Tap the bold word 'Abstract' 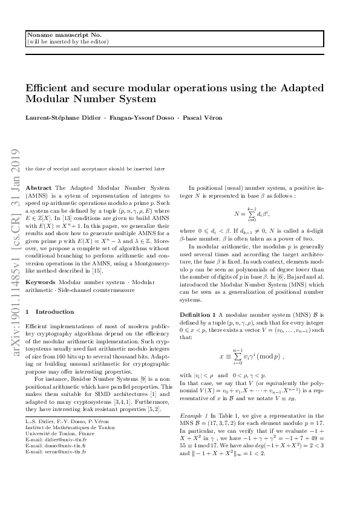[x=39, y=188]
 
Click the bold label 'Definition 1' [x=197, y=315]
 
